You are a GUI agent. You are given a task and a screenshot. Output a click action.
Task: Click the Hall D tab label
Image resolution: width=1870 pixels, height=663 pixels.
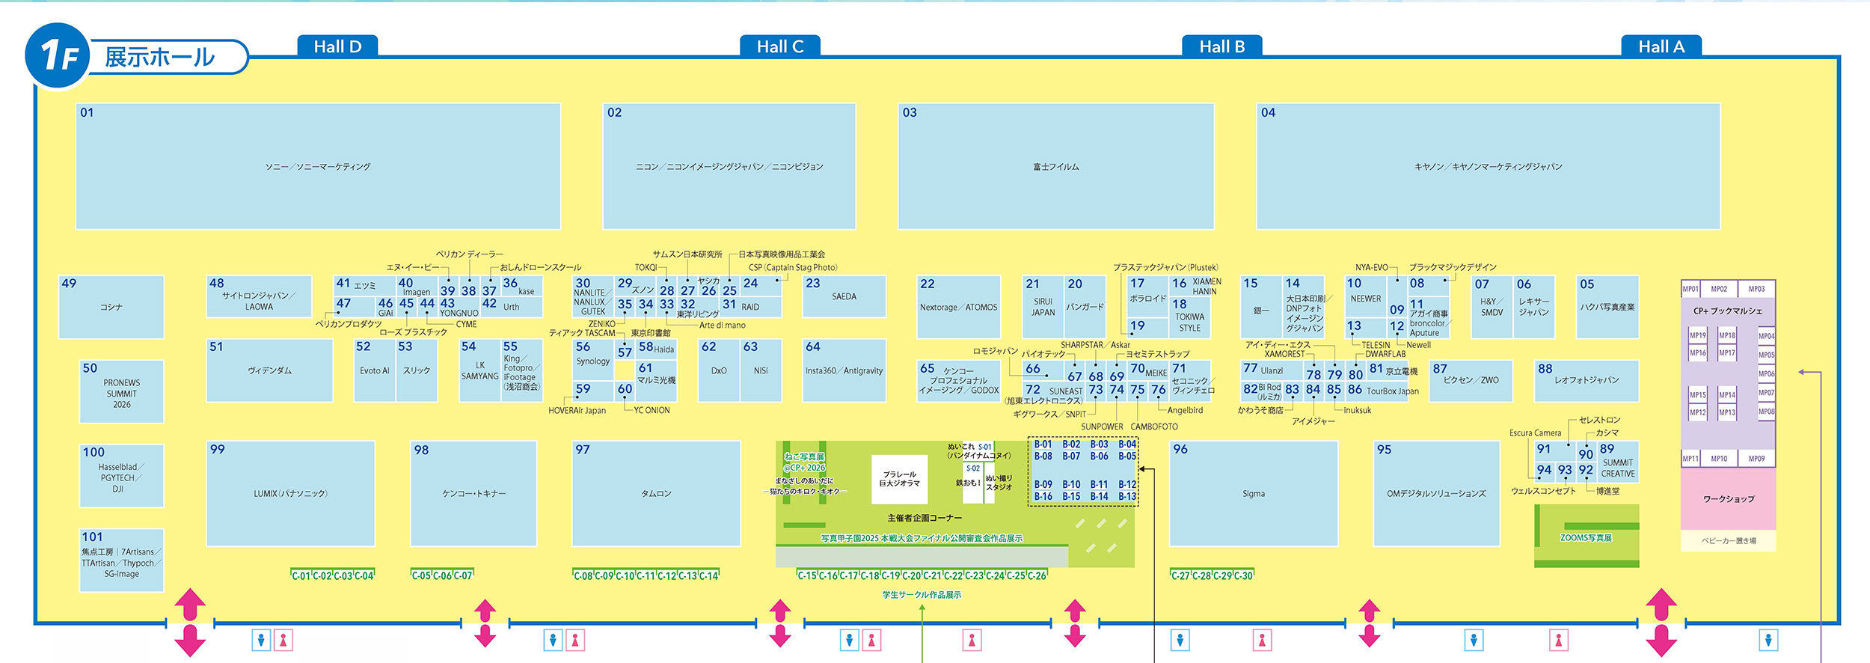pos(337,46)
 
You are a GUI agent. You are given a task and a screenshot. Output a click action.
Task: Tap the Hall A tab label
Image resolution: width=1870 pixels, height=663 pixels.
pos(1661,46)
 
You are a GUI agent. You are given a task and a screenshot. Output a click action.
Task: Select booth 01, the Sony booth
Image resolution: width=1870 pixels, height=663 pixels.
pos(318,166)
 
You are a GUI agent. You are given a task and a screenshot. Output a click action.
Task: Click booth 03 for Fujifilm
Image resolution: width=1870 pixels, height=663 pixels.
pos(1055,166)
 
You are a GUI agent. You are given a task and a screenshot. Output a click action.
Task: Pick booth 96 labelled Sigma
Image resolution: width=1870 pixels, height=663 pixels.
pos(1254,493)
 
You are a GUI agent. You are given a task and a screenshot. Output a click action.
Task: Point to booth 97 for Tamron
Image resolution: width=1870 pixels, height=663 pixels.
pos(656,493)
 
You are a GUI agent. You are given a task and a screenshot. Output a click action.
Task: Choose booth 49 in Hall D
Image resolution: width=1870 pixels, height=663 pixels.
pos(111,307)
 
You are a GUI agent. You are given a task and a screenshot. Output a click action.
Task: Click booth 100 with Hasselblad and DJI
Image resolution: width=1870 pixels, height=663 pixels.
pos(122,477)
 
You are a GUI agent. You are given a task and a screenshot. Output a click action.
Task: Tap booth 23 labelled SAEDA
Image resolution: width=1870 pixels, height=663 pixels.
pos(844,296)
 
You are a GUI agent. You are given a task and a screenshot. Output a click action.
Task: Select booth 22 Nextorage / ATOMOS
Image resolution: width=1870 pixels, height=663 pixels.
pos(958,307)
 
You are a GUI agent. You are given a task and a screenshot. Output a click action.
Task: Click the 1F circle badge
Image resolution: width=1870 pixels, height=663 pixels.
pos(58,55)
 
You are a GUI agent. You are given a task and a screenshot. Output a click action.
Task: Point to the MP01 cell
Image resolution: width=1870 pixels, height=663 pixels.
pos(1690,289)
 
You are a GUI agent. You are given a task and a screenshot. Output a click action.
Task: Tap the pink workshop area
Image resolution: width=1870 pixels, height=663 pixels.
pos(1728,499)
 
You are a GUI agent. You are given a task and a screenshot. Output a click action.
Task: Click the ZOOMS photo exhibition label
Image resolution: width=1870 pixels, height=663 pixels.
pos(1586,537)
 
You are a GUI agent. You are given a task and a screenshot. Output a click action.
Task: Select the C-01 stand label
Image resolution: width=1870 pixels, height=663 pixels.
pos(301,575)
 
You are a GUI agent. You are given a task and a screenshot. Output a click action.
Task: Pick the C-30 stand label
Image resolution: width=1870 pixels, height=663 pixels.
pos(1243,575)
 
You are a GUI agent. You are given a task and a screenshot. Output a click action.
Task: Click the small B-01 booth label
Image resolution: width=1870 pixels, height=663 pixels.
pos(1043,444)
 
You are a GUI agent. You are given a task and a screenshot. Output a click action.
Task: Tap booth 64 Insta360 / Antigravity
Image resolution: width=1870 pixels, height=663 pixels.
pos(844,370)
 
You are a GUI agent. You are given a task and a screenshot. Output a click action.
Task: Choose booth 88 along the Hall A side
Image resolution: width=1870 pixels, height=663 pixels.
pos(1586,380)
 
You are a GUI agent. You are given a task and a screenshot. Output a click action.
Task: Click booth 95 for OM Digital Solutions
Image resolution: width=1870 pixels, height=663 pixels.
pos(1436,493)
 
